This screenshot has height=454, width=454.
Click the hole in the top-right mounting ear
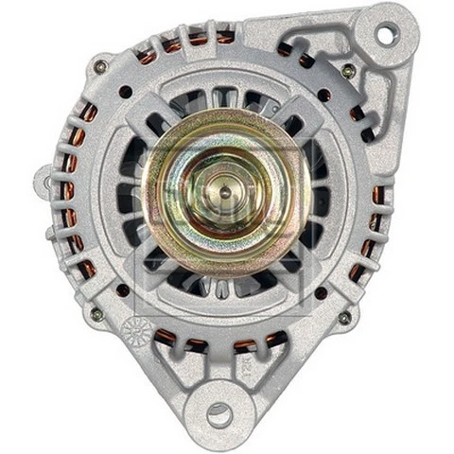(386, 34)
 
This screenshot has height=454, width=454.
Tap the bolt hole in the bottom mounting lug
(219, 413)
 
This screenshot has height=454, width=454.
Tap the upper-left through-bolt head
(99, 66)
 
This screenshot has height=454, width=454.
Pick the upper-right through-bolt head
(348, 71)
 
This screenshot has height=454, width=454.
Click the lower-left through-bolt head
(96, 313)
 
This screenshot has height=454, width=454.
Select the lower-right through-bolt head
(343, 317)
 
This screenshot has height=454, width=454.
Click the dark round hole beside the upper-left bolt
(126, 92)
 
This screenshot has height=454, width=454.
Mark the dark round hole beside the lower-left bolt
(122, 289)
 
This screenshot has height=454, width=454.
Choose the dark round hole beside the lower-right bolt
(322, 292)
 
